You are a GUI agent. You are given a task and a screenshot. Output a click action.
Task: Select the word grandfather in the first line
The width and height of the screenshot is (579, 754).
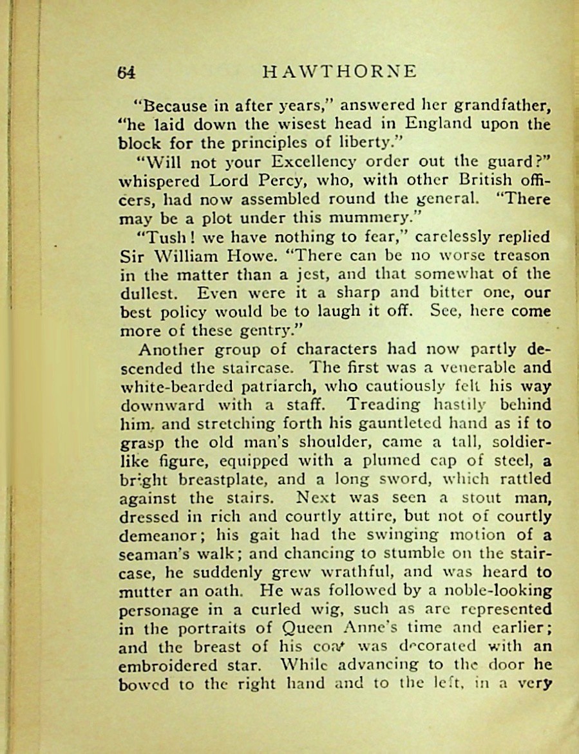click(497, 106)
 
